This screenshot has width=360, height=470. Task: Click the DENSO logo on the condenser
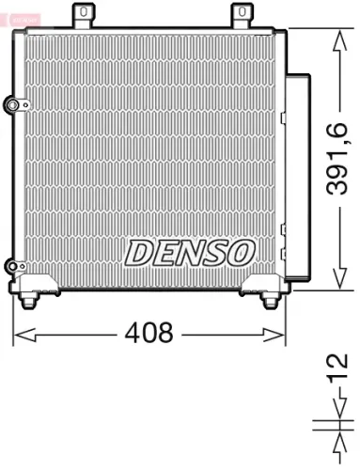[190, 252]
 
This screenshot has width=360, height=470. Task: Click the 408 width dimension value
[149, 333]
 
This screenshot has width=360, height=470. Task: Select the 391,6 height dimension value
[340, 159]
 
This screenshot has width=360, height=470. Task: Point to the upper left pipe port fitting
[12, 103]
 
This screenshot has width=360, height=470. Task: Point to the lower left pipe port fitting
[12, 267]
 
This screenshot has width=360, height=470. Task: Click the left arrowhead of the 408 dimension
[20, 333]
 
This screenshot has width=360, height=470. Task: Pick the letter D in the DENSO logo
[139, 252]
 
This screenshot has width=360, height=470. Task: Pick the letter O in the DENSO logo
[241, 252]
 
